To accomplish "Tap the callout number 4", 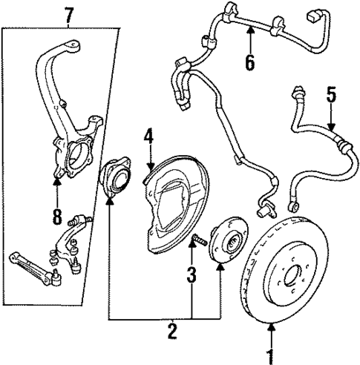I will tap(148, 136).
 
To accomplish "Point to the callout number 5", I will tap(331, 94).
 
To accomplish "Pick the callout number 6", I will tap(250, 62).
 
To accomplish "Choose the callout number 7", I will tap(69, 13).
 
